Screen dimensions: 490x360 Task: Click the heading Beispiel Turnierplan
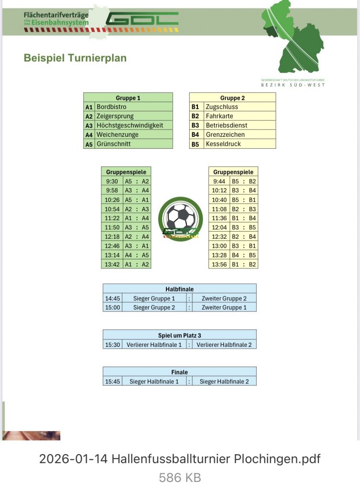[x=75, y=58]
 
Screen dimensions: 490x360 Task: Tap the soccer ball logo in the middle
[x=181, y=219]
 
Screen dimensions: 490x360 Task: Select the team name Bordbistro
[x=111, y=107]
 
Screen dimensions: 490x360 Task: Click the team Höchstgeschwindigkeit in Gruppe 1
[x=130, y=125]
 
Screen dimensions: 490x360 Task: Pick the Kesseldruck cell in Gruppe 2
[x=223, y=144]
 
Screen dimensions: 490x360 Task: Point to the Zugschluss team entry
[x=222, y=107]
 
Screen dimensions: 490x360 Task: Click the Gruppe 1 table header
[x=128, y=98]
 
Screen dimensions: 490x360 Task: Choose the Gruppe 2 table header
[x=232, y=98]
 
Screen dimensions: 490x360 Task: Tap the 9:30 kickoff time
[x=112, y=181]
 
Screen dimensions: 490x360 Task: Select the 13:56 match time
[x=219, y=264]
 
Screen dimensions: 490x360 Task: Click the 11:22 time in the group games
[x=112, y=218]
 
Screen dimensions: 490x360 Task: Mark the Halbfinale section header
[x=179, y=289]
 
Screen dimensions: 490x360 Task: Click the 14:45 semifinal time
[x=112, y=299]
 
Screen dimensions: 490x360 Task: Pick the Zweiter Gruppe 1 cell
[x=224, y=308]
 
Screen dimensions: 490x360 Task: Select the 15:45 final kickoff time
[x=112, y=381]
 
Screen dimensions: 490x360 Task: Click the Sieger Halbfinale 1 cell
[x=154, y=381]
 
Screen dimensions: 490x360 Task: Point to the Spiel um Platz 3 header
[x=179, y=335]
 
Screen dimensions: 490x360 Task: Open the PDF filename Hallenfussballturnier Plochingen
[x=180, y=459]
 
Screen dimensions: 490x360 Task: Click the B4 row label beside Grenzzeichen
[x=195, y=135]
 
